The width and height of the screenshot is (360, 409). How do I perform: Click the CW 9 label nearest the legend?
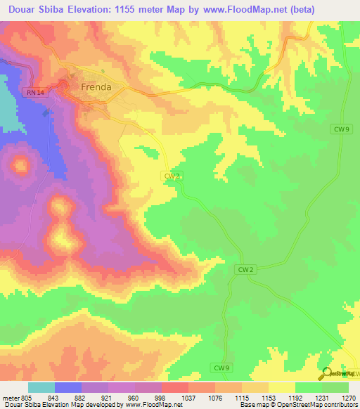221,368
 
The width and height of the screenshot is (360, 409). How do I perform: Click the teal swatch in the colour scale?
41,387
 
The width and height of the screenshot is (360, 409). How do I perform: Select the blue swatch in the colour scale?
68,387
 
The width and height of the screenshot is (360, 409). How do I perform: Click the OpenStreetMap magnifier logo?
326,374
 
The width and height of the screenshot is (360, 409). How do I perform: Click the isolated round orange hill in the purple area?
20,167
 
